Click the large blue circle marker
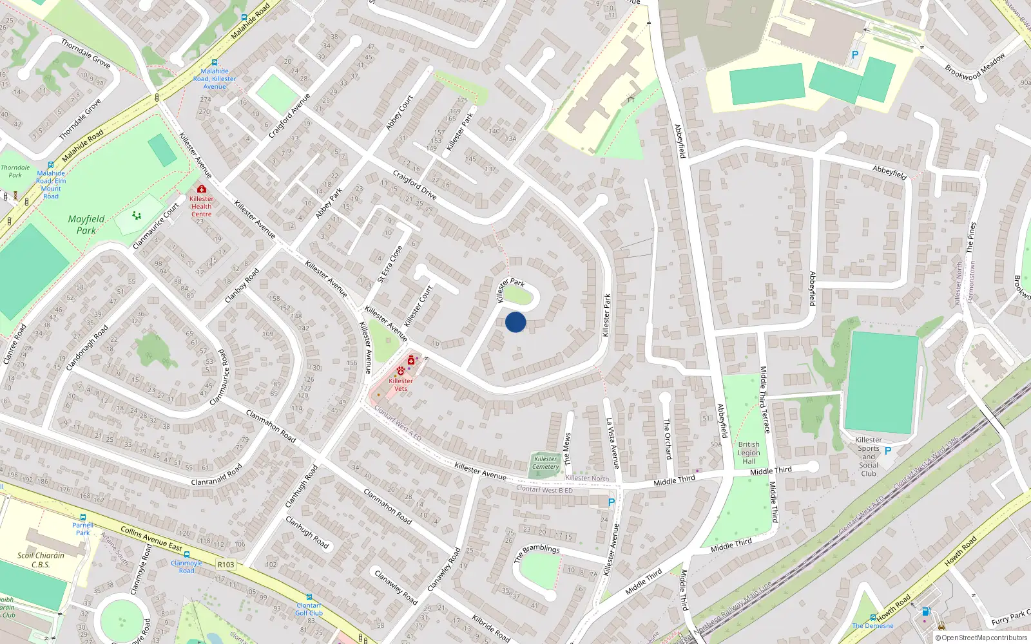pos(515,322)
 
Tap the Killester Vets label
pos(401,384)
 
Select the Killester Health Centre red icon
pos(202,189)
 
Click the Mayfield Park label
pos(86,225)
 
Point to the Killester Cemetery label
pos(545,463)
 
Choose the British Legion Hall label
pos(749,453)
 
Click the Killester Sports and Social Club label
pos(869,457)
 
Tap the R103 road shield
pos(226,565)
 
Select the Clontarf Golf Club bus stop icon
pos(309,597)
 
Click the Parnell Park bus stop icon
pos(82,517)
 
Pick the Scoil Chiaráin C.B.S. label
pos(41,560)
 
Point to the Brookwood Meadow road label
pos(975,66)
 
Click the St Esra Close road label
pos(390,264)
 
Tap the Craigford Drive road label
pos(415,185)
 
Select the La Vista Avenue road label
pos(612,443)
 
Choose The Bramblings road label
pos(537,553)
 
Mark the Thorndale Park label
pos(15,171)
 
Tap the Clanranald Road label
pos(217,475)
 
